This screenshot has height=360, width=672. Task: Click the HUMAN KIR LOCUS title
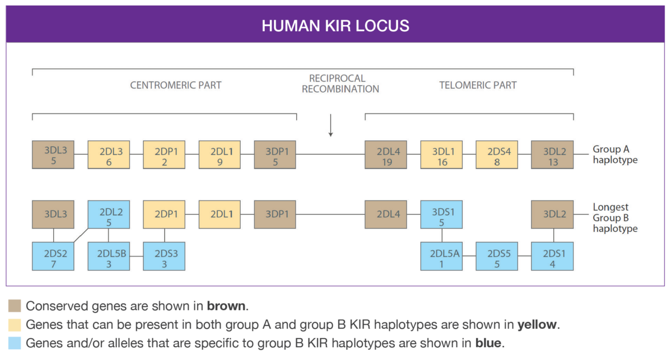point(335,26)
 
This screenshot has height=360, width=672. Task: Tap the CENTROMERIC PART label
point(176,86)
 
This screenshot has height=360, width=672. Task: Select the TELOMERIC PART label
point(478,86)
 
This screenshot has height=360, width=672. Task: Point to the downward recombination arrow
point(331,125)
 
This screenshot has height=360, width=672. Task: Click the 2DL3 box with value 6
point(109,155)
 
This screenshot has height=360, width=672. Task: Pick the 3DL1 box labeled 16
point(441,155)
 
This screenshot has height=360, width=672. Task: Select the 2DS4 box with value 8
point(497,155)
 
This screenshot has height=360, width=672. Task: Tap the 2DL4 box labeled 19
point(386,155)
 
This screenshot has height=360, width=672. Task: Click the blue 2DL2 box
point(109,213)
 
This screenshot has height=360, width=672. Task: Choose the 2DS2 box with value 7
point(53,256)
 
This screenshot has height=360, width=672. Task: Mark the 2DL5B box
point(109,256)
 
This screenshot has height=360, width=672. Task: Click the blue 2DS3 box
point(164,256)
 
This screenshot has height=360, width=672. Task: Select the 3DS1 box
point(441,213)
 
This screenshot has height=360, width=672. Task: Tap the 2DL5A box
point(441,256)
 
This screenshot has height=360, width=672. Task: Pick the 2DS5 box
point(497,256)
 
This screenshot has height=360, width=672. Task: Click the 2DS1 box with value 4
point(552,256)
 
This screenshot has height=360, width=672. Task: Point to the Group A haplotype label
point(615,155)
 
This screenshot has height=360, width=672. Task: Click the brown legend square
point(15,306)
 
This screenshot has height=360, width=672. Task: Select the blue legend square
point(15,343)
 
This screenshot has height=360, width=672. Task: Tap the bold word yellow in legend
point(539,325)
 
